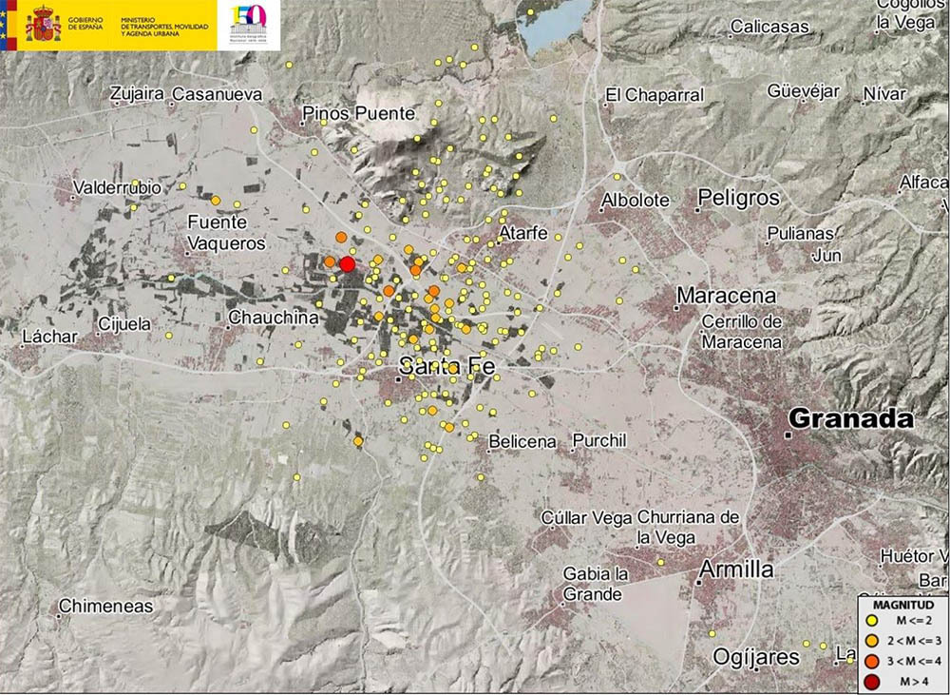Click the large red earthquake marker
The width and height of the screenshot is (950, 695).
(347, 263)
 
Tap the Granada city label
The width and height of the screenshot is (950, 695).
(851, 419)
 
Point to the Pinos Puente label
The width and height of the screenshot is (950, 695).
(358, 114)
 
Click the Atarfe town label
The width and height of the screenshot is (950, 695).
(524, 232)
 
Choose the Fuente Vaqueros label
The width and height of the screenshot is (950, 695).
(225, 233)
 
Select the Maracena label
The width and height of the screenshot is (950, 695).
(726, 297)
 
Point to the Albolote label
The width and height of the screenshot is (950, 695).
(636, 201)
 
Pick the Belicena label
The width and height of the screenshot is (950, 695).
(522, 442)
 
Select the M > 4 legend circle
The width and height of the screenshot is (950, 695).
(873, 681)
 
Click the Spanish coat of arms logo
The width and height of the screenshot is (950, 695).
(43, 24)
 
